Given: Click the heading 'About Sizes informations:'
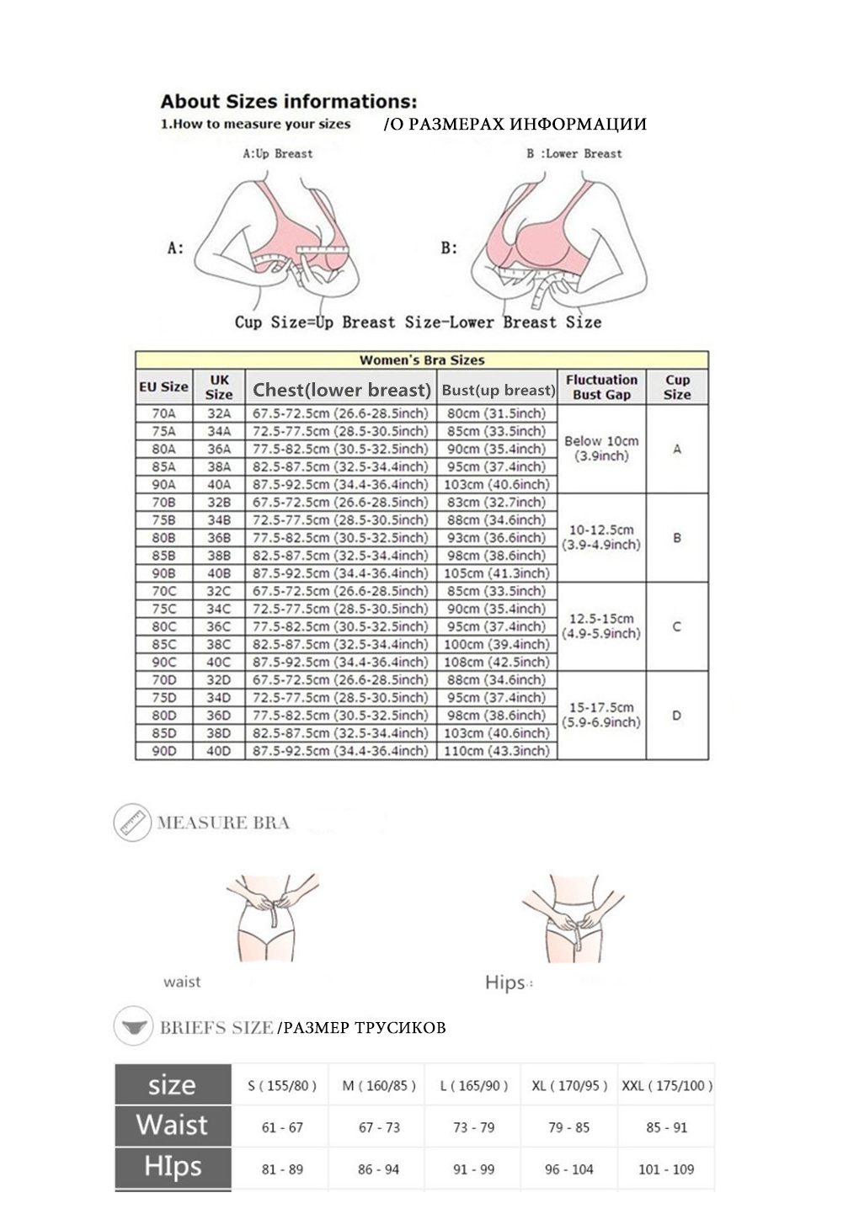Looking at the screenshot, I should pos(288,102).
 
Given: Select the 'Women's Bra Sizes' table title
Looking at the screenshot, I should pos(422,360).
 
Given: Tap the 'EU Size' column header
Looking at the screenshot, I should pos(163,387).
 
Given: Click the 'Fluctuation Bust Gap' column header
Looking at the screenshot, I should pos(601,387).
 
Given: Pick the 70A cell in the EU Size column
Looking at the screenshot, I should pos(163,413).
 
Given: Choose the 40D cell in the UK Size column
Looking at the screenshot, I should pos(218,751).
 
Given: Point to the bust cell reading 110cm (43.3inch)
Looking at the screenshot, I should pos(496,751).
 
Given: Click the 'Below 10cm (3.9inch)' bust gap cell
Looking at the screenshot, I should pos(601,449).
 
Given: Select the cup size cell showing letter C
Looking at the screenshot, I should pos(676,626).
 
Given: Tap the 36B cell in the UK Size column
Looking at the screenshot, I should pos(218,538).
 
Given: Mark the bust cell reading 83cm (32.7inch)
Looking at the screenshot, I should pos(496,503).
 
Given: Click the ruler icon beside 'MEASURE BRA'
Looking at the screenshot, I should pos(132,823).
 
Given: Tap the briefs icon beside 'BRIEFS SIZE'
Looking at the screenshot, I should pos(132,1026).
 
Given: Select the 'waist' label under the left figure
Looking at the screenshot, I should pos(182,982).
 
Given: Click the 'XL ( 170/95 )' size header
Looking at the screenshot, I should pos(569,1086).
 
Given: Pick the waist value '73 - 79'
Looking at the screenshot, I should pos(474,1127).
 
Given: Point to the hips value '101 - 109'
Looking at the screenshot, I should pos(665,1169).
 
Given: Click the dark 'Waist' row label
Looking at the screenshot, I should pos(172,1126).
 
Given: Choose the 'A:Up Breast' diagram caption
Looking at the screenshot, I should pos(277,154).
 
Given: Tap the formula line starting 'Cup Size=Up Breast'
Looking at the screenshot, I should pos(418,322).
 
